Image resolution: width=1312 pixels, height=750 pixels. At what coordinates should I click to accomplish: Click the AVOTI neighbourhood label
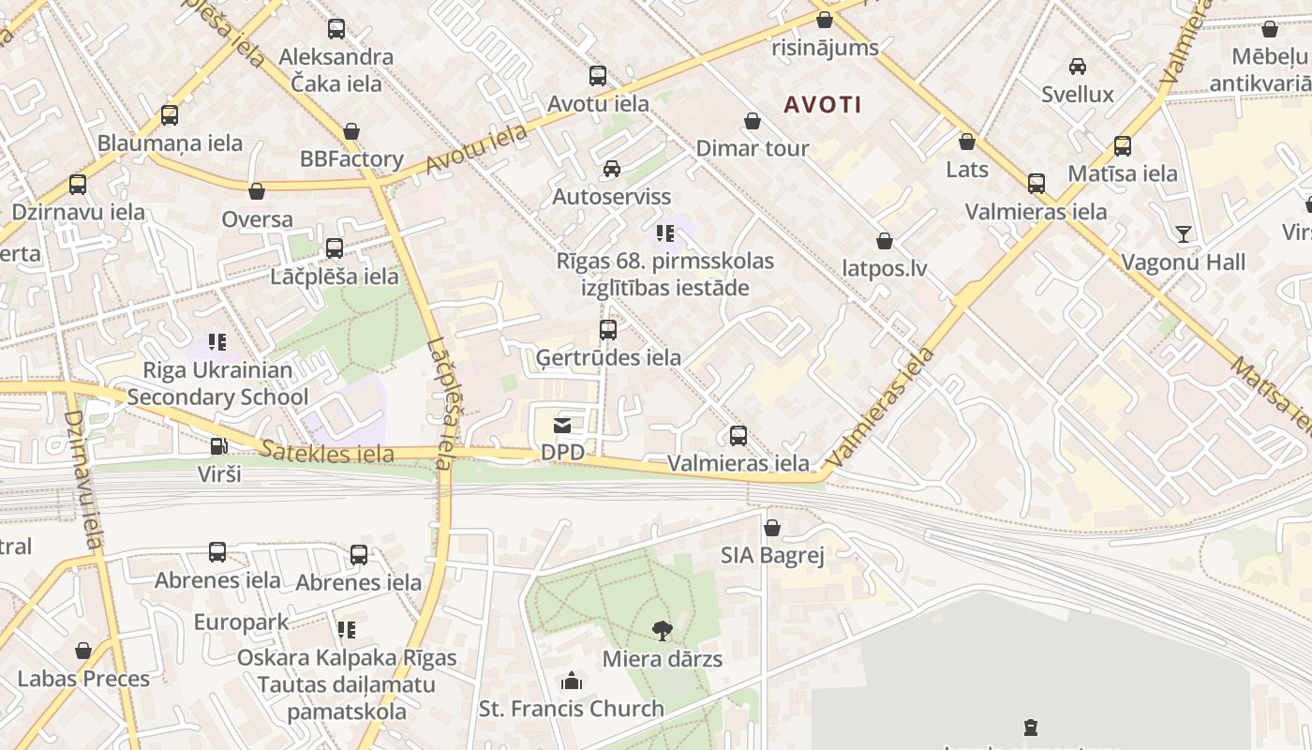(823, 104)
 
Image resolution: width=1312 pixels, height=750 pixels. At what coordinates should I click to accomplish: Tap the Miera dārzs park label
(662, 659)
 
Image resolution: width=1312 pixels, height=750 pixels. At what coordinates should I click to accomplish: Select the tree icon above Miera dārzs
(663, 630)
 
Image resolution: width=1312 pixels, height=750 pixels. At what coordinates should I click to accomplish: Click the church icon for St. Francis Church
(572, 681)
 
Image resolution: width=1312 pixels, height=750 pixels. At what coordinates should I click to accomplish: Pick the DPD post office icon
(562, 427)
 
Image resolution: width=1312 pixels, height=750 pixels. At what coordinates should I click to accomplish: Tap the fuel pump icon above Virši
(218, 447)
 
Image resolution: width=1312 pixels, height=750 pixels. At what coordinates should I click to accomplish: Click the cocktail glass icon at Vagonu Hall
(1184, 233)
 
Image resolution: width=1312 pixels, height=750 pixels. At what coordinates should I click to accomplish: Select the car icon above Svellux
(1078, 67)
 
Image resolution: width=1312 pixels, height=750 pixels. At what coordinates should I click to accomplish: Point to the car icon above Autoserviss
(612, 169)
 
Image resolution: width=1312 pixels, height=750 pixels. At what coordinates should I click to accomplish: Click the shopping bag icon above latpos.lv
(884, 241)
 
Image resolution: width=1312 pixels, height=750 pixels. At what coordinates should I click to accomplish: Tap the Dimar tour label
(752, 148)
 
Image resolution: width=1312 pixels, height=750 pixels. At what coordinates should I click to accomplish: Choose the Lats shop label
(967, 170)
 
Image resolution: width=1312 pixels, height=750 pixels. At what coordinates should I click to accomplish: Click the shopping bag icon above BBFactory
(351, 131)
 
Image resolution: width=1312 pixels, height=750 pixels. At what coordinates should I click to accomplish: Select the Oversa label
(257, 219)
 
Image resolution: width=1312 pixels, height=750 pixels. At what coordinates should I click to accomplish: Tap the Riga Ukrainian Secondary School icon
(217, 342)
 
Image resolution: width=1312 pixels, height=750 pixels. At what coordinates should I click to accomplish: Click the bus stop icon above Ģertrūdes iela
(608, 330)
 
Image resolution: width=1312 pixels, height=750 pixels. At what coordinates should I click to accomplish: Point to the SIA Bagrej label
(772, 556)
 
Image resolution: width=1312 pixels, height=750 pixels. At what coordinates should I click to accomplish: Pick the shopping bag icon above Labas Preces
(83, 651)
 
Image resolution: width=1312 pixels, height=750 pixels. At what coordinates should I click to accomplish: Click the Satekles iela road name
(327, 454)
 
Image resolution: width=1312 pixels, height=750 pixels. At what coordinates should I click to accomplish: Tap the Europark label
(242, 622)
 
